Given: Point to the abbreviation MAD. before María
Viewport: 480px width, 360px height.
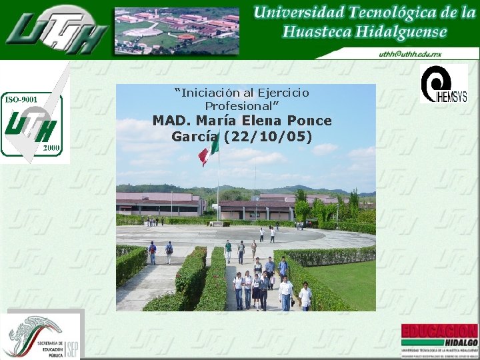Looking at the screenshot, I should [171, 121].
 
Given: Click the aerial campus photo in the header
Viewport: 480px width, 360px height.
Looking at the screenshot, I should [177, 31].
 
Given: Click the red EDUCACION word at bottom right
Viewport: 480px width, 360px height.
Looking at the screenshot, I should [439, 331].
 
